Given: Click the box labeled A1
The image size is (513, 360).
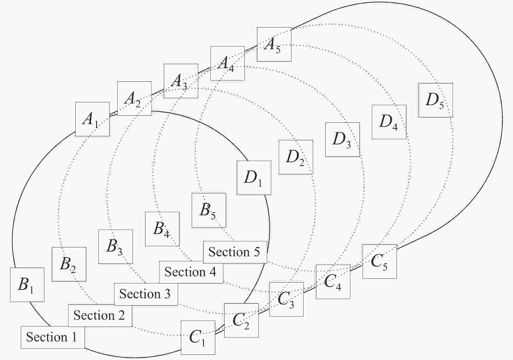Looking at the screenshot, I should [92, 119].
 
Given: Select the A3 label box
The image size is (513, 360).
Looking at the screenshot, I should [181, 81].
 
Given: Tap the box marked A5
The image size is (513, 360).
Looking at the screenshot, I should [274, 44].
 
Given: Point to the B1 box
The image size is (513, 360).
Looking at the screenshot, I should [27, 285].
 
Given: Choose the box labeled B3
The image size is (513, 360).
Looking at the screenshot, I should [116, 246].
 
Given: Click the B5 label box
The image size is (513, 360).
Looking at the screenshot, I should [209, 210].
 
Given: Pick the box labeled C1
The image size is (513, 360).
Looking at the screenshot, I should [198, 337].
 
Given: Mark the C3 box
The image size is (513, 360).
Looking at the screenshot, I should [286, 299].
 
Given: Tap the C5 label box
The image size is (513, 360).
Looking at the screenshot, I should [380, 262].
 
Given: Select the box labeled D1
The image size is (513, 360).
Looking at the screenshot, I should [254, 177].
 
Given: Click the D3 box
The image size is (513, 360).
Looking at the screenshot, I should [342, 139].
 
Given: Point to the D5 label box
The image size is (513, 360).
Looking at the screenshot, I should [436, 100].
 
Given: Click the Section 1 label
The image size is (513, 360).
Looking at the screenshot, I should [53, 337].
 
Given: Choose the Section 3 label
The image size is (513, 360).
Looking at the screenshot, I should [146, 294].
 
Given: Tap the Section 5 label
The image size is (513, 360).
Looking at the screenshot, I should [235, 252].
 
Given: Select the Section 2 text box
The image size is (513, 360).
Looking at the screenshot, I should [100, 315].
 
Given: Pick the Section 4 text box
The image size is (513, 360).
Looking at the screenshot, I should [191, 272].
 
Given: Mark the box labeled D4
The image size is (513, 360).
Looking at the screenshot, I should [389, 122].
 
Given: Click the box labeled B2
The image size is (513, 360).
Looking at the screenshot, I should [69, 264].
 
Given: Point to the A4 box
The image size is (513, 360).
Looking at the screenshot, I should [227, 63].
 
